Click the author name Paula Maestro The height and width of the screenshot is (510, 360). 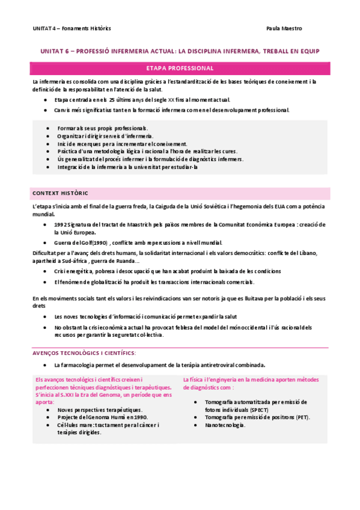(x=284, y=28)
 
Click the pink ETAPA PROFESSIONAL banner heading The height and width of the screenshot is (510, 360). (x=180, y=68)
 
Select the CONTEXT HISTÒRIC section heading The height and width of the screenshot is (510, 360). (x=59, y=193)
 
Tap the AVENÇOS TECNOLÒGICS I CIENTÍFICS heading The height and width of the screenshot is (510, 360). (x=84, y=352)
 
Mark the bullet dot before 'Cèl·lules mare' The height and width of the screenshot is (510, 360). (x=47, y=425)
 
